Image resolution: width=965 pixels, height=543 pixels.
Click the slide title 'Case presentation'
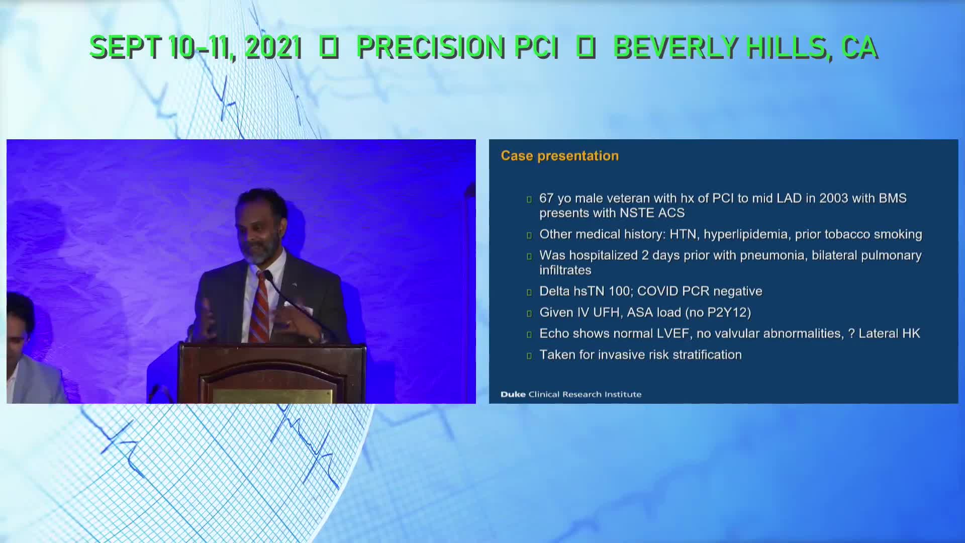(x=559, y=156)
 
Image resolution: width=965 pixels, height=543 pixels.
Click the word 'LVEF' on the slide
(x=673, y=333)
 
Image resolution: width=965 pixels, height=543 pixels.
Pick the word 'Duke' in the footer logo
(x=513, y=394)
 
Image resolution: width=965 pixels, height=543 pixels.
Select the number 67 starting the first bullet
(x=546, y=198)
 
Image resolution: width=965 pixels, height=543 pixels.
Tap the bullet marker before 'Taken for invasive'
(x=529, y=356)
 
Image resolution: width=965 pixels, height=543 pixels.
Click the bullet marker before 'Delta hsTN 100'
(x=529, y=293)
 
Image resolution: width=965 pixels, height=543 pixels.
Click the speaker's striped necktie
(x=260, y=307)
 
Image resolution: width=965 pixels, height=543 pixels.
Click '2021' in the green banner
(x=273, y=47)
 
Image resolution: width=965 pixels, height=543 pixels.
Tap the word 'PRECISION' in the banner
(x=430, y=47)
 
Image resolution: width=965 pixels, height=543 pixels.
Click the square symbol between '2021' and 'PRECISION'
(x=329, y=47)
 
